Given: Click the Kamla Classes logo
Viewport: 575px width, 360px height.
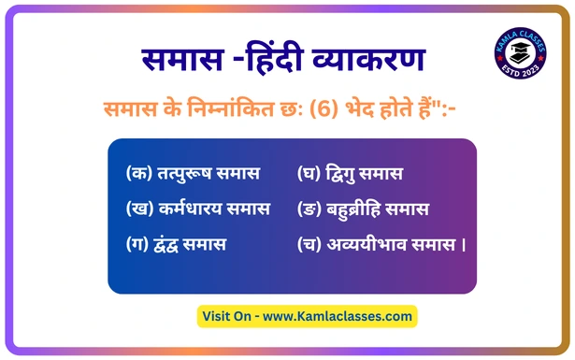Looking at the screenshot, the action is [x=521, y=52].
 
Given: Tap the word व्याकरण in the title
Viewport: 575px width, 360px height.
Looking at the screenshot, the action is [x=368, y=59].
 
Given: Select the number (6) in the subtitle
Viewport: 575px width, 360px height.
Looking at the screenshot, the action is [x=323, y=108].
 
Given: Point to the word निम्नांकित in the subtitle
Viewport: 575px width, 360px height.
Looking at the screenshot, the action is [x=231, y=108].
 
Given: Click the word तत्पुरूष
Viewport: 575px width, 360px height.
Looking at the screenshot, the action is [x=184, y=173].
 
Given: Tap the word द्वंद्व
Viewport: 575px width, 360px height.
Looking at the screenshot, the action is [x=165, y=245].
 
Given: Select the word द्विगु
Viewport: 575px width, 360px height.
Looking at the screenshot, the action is [x=339, y=173].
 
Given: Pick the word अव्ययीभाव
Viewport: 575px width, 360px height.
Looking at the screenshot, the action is [x=367, y=244].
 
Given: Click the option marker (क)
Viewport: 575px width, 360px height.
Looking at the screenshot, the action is [x=139, y=173].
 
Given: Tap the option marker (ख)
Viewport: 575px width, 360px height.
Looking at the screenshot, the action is [x=139, y=209].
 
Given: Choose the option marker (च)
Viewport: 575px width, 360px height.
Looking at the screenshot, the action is [x=309, y=244].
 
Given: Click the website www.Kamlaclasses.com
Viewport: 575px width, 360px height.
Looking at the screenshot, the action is [x=338, y=316].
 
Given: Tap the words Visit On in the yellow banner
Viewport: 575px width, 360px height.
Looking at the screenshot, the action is [x=226, y=316].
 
